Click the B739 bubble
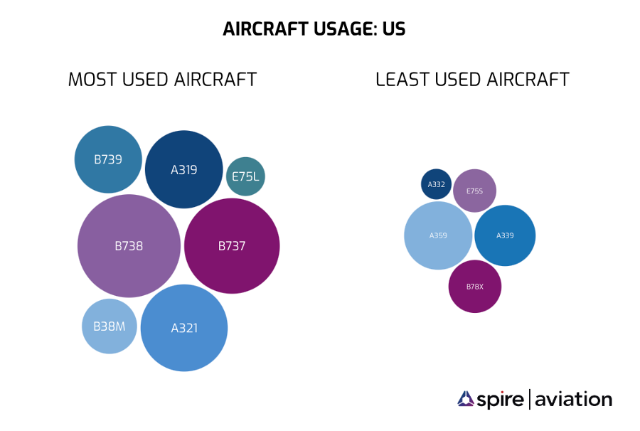click(108, 159)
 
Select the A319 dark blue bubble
click(184, 169)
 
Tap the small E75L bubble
click(245, 176)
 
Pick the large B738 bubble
click(129, 246)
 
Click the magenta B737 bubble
click(232, 246)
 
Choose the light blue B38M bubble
click(109, 326)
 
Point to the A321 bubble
click(184, 328)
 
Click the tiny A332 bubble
click(436, 184)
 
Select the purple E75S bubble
click(474, 191)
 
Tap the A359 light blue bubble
click(438, 235)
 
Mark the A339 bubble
click(505, 235)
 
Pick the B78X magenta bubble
click(475, 287)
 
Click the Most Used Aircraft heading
click(162, 79)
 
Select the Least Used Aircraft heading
click(472, 79)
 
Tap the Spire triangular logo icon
click(466, 399)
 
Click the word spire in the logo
click(501, 400)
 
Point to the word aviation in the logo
click(573, 400)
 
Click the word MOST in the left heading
click(92, 79)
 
